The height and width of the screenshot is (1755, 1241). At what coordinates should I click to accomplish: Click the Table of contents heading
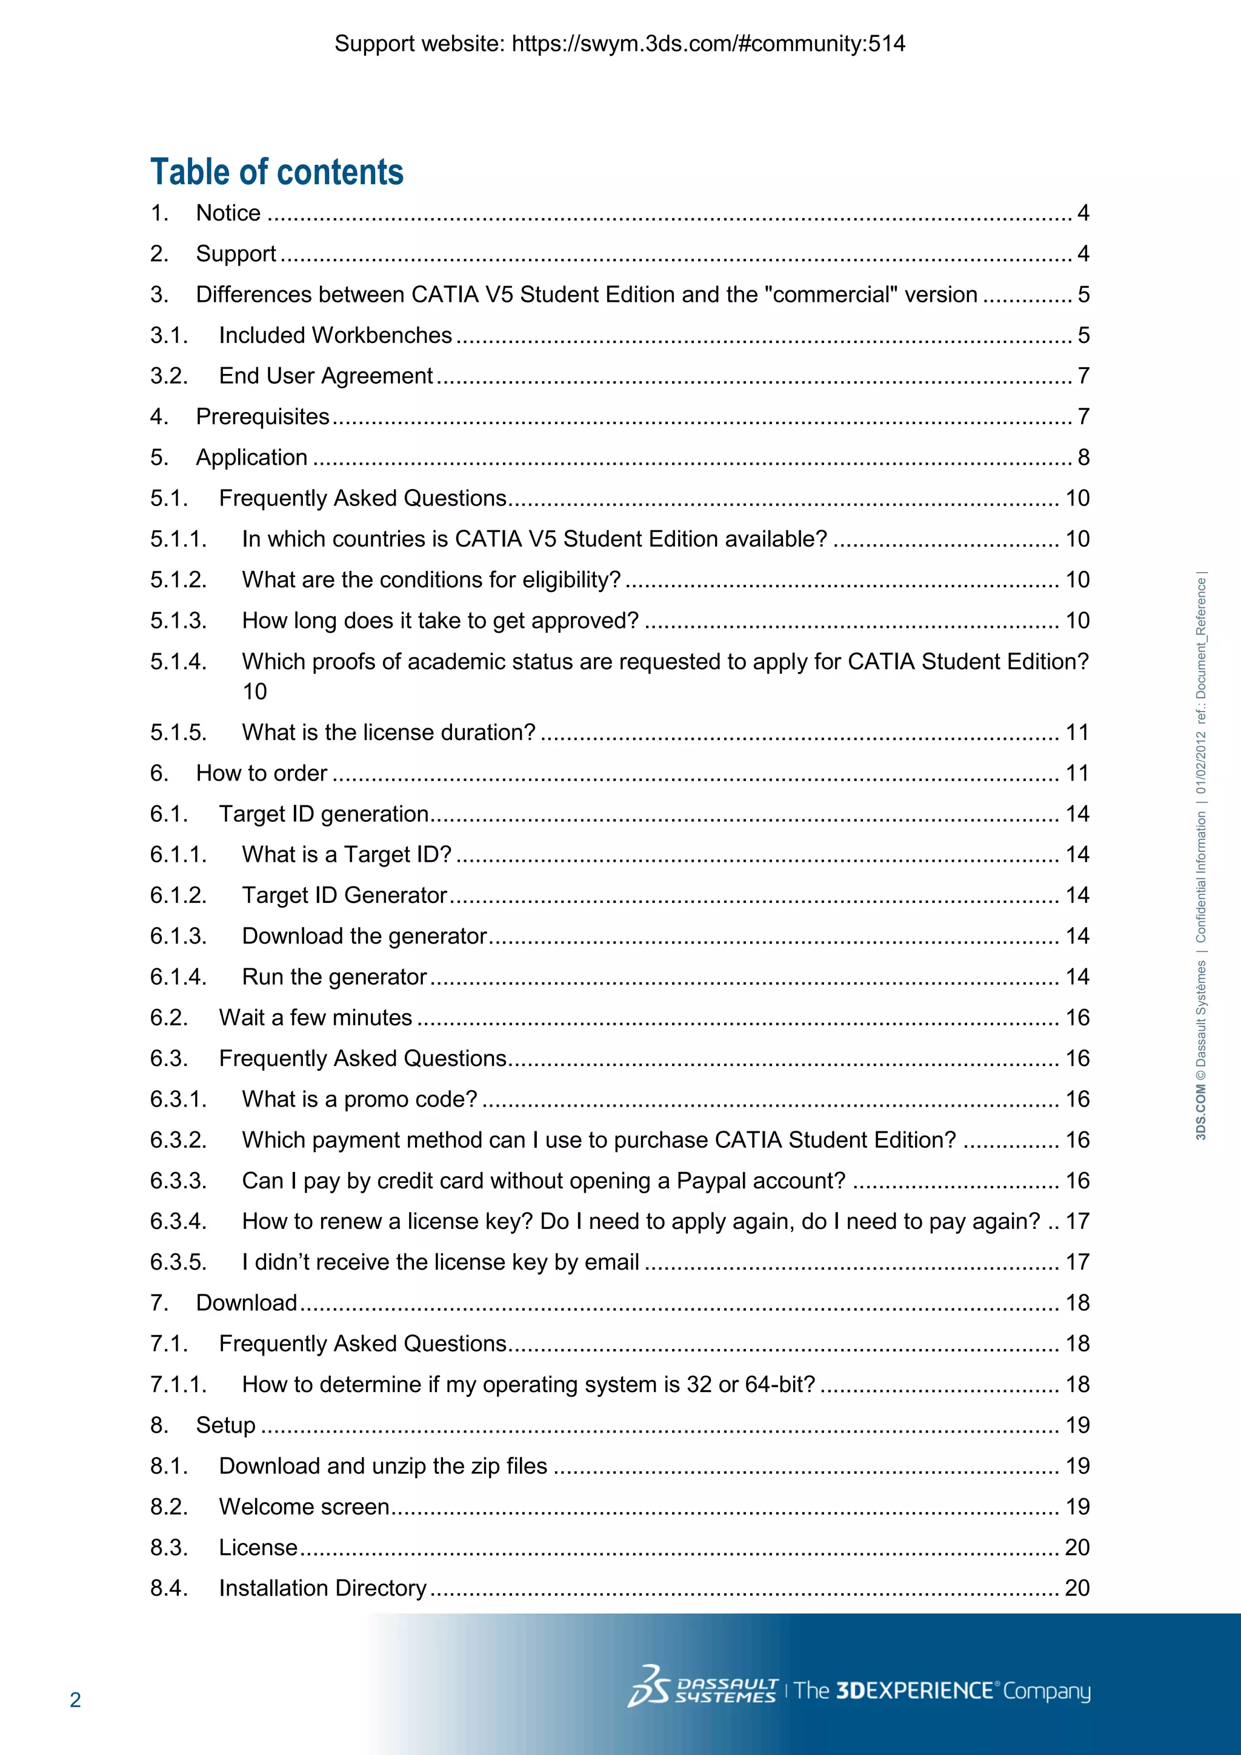[x=277, y=172]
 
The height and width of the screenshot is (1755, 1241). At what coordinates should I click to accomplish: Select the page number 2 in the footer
[x=75, y=1699]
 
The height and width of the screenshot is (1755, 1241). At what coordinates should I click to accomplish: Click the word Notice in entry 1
[x=228, y=213]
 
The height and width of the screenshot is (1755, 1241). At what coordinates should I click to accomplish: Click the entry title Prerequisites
[x=262, y=416]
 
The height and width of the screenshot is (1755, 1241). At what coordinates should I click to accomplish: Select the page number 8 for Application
[x=1083, y=457]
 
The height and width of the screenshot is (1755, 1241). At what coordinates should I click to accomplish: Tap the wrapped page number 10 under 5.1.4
[x=255, y=691]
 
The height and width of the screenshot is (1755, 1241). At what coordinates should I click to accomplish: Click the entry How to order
[x=261, y=773]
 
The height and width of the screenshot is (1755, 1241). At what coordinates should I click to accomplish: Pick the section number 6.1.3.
[x=178, y=936]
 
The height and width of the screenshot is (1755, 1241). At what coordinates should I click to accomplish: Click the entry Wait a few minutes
[x=315, y=1018]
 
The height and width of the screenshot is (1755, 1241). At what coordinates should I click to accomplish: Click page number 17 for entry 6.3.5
[x=1077, y=1262]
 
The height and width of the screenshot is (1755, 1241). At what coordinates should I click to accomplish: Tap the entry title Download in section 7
[x=246, y=1304]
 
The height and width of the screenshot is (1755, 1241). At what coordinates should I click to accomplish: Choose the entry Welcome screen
[x=304, y=1507]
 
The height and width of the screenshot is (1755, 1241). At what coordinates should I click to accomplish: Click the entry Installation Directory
[x=322, y=1588]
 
